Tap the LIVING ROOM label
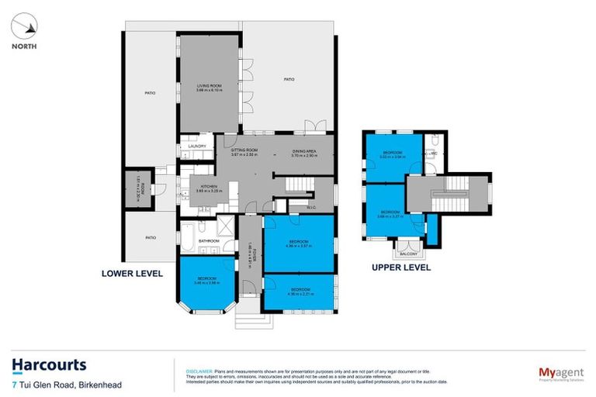[x=210, y=88]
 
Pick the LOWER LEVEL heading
[x=131, y=274]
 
